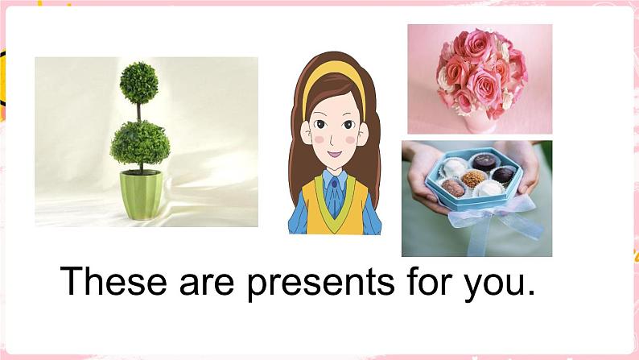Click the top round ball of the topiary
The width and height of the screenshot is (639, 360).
click(138, 81)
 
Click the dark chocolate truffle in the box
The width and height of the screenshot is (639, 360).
click(504, 174)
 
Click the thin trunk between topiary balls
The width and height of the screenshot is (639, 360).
click(138, 110)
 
